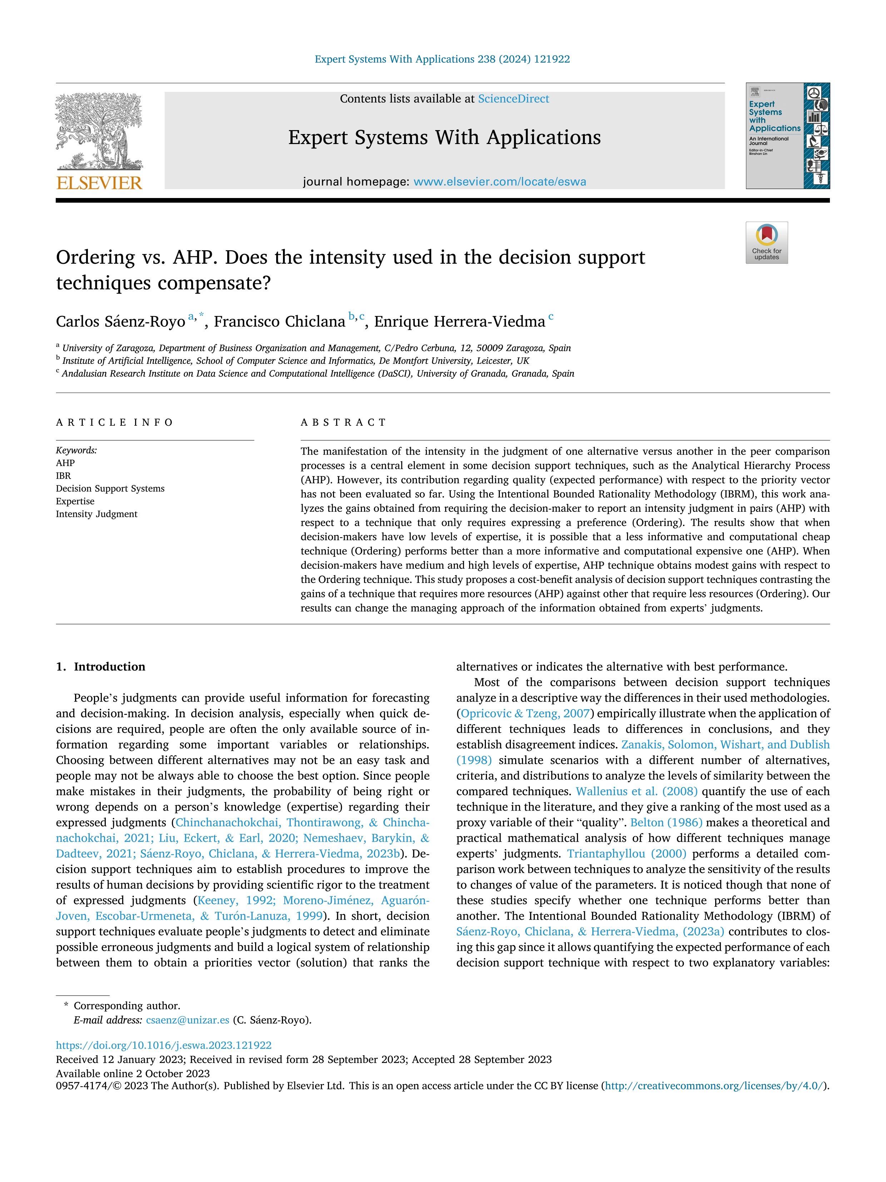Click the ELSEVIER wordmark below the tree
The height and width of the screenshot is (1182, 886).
[x=99, y=183]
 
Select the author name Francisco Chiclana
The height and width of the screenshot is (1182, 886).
[x=279, y=322]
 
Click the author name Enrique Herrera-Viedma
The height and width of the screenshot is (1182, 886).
[x=459, y=322]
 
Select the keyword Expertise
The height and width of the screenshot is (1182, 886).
[x=75, y=501]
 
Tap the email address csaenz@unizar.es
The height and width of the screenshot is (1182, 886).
[x=188, y=1020]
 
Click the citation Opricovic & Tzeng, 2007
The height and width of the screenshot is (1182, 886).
[x=524, y=714]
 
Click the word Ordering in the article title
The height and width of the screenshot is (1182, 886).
[x=95, y=258]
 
